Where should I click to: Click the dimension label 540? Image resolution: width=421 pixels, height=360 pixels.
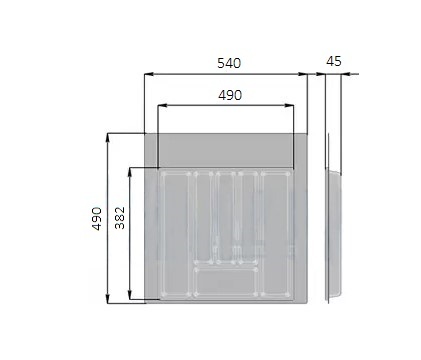[x=229, y=63]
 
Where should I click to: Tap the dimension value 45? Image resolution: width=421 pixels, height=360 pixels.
[x=334, y=61]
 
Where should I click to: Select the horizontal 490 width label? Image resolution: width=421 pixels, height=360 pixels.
[x=230, y=95]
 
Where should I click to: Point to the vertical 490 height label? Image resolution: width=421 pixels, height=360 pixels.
[x=97, y=219]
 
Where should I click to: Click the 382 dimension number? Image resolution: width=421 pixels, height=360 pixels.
[x=119, y=218]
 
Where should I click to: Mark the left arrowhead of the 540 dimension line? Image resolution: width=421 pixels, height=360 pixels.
[x=149, y=74]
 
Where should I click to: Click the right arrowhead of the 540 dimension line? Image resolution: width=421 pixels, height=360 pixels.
[x=302, y=74]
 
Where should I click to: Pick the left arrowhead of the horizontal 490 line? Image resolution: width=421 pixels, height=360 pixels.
[x=162, y=106]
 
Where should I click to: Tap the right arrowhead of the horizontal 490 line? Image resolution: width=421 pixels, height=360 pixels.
[x=289, y=106]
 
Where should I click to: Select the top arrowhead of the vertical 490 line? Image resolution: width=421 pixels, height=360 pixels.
[x=108, y=138]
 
